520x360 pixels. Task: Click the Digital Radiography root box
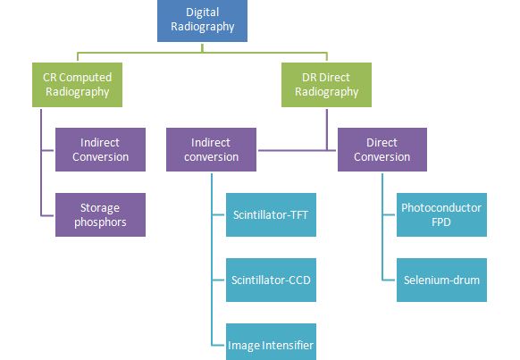210,20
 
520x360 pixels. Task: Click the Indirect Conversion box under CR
100,149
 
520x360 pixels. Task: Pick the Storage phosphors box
100,214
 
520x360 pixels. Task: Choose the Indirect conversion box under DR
211,149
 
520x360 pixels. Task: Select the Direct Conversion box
382,149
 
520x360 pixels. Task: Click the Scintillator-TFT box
270,214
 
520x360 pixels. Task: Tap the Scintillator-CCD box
270,280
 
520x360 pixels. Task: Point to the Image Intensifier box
270,344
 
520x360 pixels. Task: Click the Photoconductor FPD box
442,214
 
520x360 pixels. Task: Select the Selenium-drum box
442,280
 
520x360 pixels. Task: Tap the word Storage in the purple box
100,207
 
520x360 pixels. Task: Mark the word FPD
442,222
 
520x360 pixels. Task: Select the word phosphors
100,222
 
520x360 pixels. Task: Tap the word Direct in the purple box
382,142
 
